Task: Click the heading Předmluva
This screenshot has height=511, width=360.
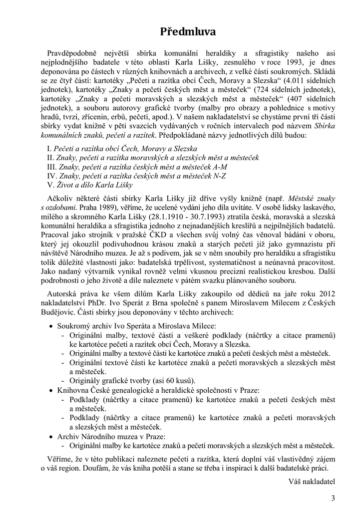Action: point(188,32)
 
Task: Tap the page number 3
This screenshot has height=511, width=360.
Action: point(333,498)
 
